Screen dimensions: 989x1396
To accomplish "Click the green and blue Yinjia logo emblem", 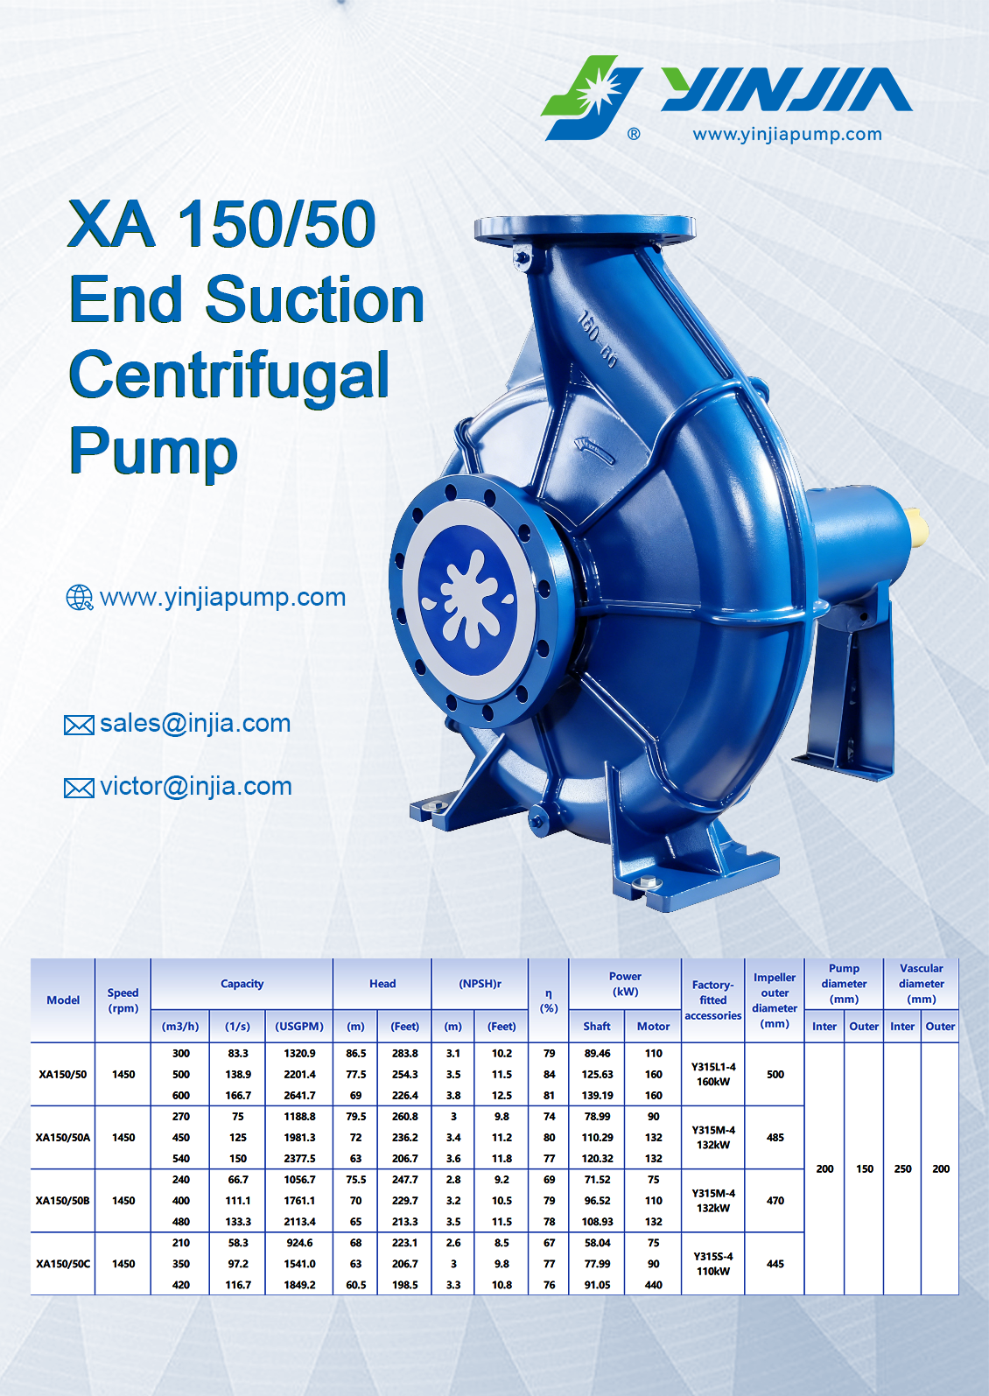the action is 591,97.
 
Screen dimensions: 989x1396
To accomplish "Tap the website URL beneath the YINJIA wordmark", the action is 787,134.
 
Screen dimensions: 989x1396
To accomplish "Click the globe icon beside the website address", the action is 79,597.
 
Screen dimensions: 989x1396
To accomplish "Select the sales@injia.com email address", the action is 195,723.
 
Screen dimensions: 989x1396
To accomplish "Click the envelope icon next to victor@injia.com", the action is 79,788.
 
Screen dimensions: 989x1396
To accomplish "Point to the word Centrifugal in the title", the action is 229,375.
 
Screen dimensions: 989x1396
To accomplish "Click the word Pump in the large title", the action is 153,451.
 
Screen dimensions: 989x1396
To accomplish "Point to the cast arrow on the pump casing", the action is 594,450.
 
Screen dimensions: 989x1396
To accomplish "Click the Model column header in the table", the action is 63,1000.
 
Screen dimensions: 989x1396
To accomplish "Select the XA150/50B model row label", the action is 62,1200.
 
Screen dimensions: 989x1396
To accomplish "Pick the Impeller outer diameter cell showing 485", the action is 775,1137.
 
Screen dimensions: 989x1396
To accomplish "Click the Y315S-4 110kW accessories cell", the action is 713,1264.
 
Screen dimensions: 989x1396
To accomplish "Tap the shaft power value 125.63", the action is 597,1075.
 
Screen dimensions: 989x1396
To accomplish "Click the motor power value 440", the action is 653,1285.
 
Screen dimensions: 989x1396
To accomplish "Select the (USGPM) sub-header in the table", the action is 299,1027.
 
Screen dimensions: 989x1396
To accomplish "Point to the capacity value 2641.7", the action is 299,1096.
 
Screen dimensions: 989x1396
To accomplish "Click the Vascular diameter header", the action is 921,984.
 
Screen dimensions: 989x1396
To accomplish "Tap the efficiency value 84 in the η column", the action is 549,1075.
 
